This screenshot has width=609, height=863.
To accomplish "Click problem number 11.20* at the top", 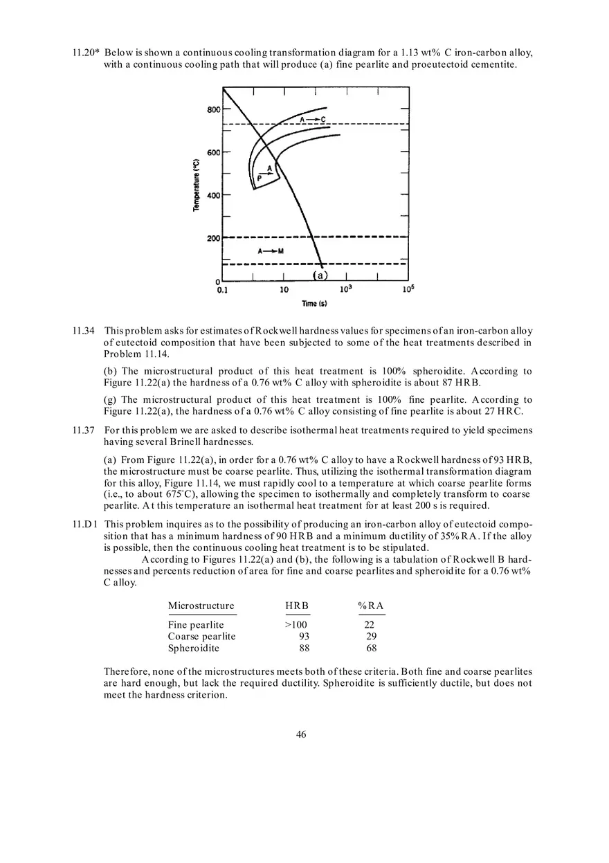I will coord(86,53).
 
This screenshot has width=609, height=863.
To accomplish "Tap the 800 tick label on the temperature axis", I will coord(213,109).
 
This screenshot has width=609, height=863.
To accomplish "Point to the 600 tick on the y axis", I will coord(213,152).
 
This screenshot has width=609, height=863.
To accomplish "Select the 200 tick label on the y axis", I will coord(213,238).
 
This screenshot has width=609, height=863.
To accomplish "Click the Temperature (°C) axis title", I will coord(197,185).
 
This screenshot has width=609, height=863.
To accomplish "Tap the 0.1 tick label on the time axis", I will coord(223,290).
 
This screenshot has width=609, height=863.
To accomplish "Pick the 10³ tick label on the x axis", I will coord(345,289).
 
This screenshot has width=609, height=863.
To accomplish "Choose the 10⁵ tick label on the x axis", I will coord(408,289).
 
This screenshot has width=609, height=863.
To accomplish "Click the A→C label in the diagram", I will coord(312,120).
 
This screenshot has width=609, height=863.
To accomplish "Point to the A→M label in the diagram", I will coord(271,251).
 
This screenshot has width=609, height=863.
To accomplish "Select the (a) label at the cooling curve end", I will coord(320,275).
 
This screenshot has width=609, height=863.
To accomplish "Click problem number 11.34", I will coord(84,331).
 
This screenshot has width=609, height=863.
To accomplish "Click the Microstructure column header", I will coord(201,606).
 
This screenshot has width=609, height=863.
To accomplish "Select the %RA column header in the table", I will coord(371,606).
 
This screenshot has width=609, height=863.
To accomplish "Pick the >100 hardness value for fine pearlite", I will coord(297,625).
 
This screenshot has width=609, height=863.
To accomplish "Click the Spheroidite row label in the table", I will coord(194,648).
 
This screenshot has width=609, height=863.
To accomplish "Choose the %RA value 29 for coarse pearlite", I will coord(371,637).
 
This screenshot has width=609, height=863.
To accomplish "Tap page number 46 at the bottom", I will coord(301,735).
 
